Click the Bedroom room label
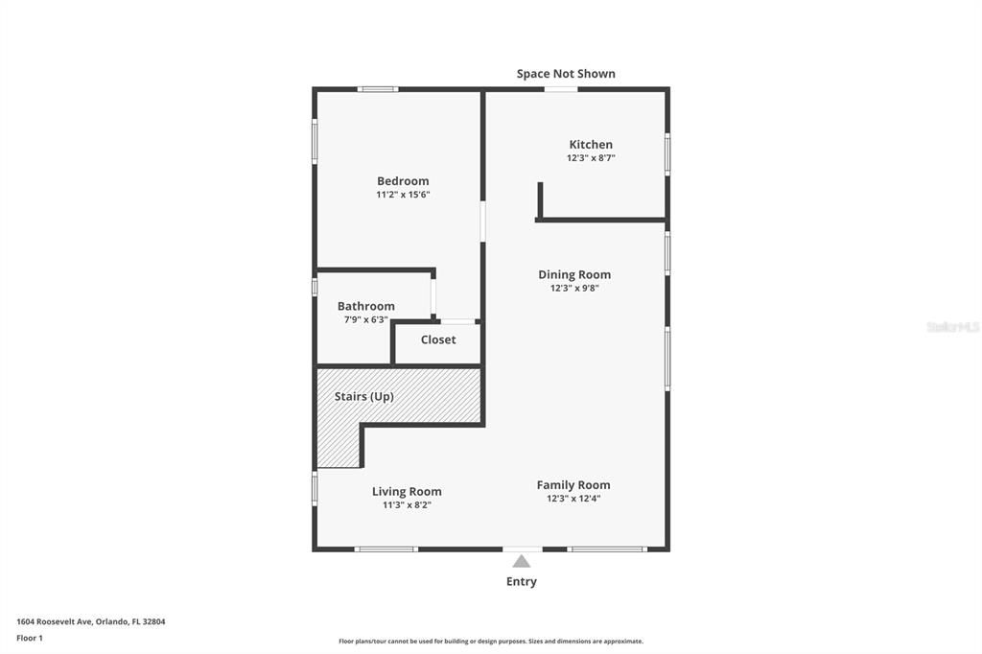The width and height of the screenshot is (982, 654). (403, 181)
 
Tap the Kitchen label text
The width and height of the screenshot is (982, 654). (591, 145)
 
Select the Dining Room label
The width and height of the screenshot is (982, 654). (574, 274)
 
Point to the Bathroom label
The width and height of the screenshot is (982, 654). (365, 306)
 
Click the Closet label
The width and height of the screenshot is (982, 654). (438, 339)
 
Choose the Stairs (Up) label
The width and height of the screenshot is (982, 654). (363, 396)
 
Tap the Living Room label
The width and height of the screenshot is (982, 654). (407, 491)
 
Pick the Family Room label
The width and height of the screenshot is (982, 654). (573, 484)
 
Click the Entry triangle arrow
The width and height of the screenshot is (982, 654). (521, 561)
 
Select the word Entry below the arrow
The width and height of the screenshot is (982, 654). (522, 581)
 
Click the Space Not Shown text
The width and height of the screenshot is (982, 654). (566, 74)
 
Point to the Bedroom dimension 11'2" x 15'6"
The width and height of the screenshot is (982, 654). (403, 195)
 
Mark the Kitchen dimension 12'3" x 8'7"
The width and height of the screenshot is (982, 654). (591, 158)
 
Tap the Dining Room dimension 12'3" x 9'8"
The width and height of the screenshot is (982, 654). (574, 288)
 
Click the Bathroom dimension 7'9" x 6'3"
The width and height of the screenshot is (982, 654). (365, 319)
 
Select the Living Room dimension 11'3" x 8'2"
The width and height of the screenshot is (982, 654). (407, 504)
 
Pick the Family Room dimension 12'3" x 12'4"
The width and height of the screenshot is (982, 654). (573, 498)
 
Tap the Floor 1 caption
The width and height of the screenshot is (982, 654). (30, 638)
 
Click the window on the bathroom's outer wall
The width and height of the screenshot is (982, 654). (315, 287)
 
